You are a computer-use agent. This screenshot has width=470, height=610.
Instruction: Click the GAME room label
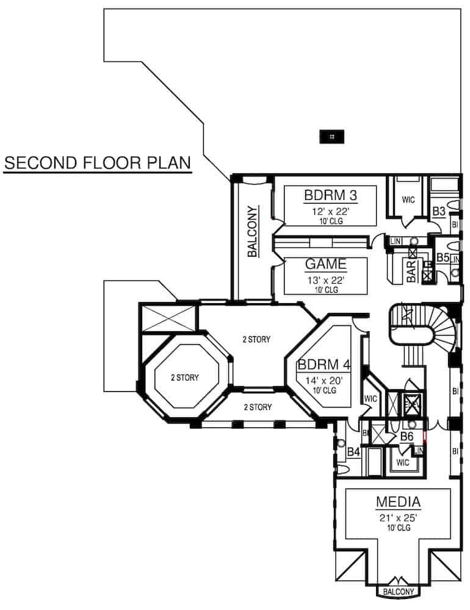[326, 265]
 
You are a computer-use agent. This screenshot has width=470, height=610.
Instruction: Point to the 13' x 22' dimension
[326, 280]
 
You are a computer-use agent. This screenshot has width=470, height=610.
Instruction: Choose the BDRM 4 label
[324, 365]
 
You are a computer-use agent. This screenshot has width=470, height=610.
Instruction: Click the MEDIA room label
[398, 503]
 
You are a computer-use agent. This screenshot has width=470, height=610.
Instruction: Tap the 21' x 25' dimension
[398, 518]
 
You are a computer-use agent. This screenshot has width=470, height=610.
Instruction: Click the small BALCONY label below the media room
[398, 592]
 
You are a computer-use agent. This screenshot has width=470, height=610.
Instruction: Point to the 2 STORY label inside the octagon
[184, 378]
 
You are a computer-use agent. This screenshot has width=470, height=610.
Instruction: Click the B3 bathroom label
[438, 212]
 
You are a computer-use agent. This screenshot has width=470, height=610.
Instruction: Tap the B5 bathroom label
[442, 258]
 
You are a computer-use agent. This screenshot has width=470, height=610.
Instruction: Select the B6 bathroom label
[407, 437]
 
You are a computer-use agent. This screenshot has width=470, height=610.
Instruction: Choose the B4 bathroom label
[353, 452]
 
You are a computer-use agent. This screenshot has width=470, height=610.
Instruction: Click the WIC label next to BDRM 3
[408, 199]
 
